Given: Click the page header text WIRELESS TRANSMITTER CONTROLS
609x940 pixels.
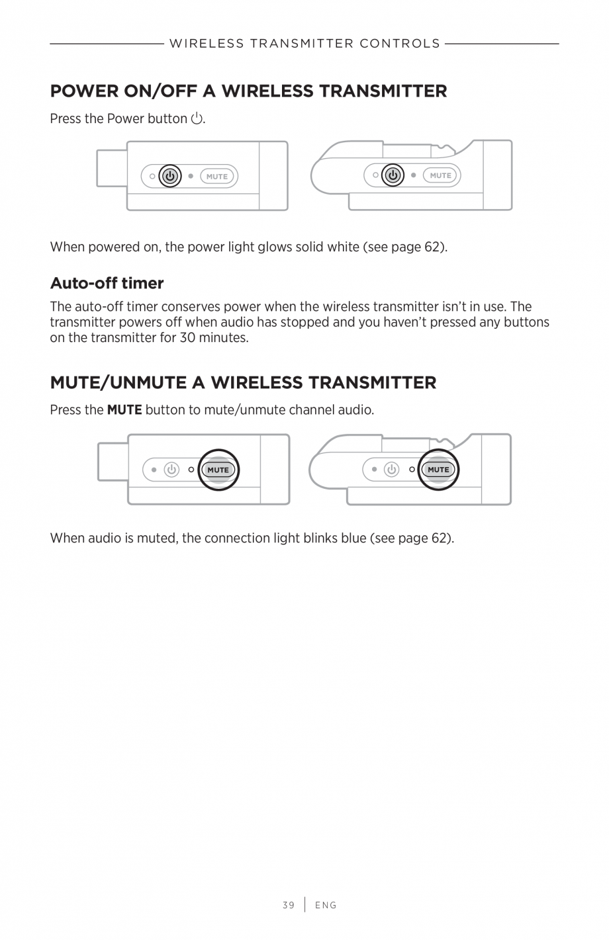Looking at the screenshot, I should tap(304, 44).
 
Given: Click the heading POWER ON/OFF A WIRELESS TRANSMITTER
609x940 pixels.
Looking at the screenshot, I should tap(248, 91).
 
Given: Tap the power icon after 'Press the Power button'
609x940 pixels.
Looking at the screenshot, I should tap(197, 119).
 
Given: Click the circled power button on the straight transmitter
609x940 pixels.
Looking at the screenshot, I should tap(170, 176).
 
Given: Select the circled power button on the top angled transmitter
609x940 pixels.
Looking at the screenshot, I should tap(393, 175).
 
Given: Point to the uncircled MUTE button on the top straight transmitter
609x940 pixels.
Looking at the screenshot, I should tap(217, 177).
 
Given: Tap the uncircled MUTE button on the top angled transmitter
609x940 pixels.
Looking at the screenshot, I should tap(440, 175).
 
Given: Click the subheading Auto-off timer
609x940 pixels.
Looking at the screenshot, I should tap(107, 283).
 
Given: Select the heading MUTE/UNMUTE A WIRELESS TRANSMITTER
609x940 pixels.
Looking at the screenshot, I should tap(243, 382).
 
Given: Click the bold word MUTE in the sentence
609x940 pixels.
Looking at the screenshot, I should tap(124, 410).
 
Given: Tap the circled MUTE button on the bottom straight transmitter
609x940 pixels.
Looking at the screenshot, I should tap(218, 470).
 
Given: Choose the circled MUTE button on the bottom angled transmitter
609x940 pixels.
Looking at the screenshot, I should tap(438, 470).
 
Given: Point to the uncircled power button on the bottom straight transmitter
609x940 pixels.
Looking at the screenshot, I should tap(171, 470).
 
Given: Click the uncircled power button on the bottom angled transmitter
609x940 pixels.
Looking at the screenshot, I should tap(392, 470).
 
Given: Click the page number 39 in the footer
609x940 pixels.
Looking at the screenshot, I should tap(288, 905).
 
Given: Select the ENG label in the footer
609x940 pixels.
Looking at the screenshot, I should tap(326, 905).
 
